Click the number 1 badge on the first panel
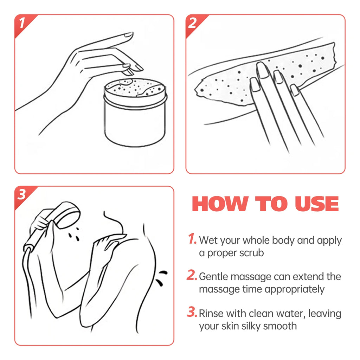(22, 24)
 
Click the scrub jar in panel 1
(135, 112)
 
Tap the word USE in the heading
(317, 204)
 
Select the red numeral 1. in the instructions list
(192, 239)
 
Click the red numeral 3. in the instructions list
(192, 312)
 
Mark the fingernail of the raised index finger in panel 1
(128, 35)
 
